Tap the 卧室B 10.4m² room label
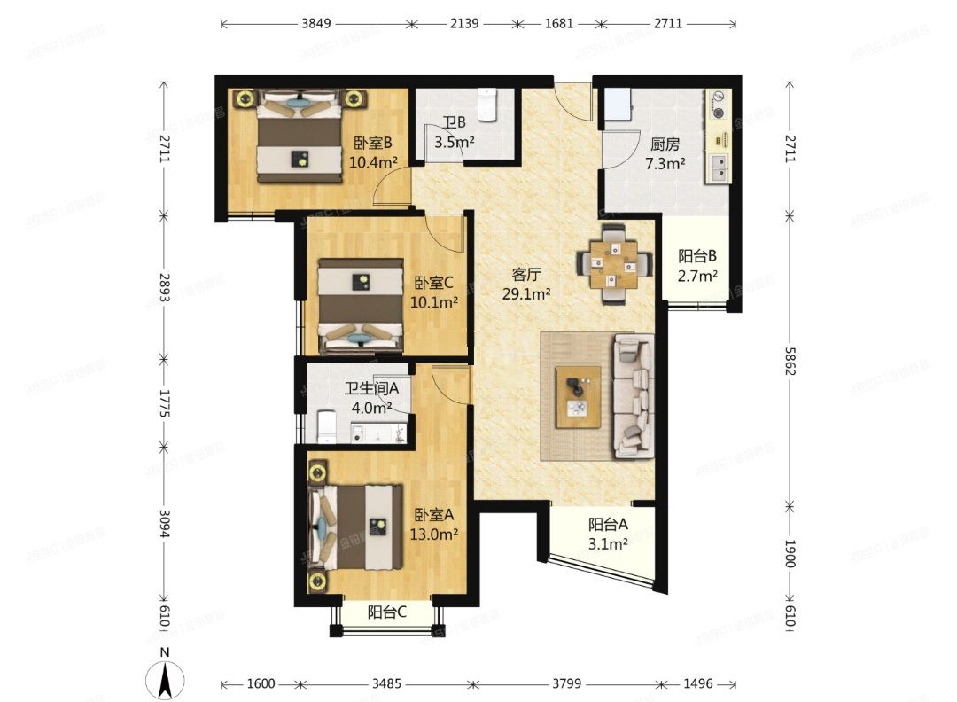coord(372,152)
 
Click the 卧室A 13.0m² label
coord(434,524)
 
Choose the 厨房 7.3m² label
coord(665,154)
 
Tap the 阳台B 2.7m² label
coord(697,265)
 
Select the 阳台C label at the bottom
coord(387,611)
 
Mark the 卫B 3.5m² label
coord(454,131)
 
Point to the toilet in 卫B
coord(488,104)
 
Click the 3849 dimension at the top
coord(315,24)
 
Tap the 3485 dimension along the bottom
coord(386,683)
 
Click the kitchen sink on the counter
coord(718,168)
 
